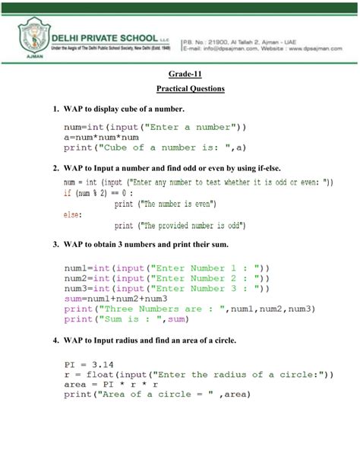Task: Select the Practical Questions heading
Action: [x=186, y=89]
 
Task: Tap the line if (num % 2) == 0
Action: [x=99, y=193]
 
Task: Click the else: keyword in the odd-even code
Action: [x=72, y=215]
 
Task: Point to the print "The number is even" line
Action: [x=166, y=204]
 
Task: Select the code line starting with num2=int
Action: [x=166, y=279]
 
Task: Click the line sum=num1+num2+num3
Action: [x=113, y=300]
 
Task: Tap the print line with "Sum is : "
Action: [x=114, y=321]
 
